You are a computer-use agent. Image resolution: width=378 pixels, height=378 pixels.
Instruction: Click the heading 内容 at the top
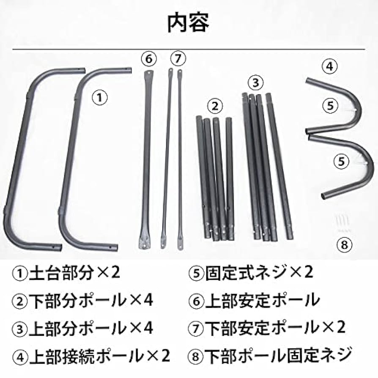click(189, 24)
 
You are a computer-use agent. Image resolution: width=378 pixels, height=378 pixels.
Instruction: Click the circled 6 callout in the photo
click(148, 58)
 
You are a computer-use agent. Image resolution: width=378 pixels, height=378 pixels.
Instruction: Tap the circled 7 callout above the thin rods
click(178, 58)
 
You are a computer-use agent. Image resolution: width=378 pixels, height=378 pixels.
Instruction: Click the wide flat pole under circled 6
click(146, 161)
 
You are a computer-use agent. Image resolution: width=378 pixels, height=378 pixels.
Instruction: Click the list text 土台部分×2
click(66, 273)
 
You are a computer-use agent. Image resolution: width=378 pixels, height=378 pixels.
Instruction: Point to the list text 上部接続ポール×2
click(91, 356)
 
